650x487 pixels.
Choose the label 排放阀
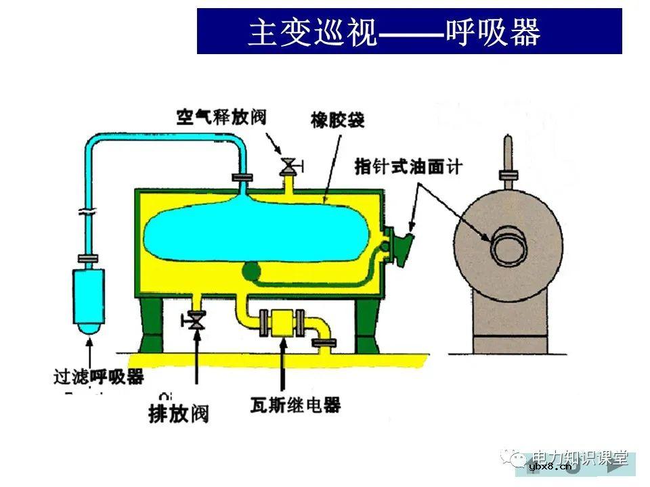click(x=179, y=412)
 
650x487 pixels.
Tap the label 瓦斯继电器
click(x=294, y=405)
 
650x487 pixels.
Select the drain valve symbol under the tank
click(x=197, y=319)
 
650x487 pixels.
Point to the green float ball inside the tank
click(x=251, y=271)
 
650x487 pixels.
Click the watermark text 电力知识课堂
click(x=581, y=457)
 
